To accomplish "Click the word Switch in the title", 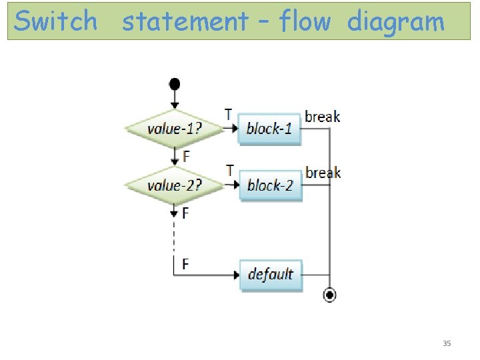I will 56,21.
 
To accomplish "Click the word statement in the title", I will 185,22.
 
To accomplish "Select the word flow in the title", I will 305,21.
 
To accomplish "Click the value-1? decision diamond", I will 174,129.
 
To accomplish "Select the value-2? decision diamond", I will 174,185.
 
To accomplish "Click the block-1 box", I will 270,129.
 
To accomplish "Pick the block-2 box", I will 270,185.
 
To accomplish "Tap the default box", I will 271,274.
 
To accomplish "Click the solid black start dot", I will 174,84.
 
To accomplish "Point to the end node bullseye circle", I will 329,295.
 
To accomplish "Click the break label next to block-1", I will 323,117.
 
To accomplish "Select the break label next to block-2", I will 323,173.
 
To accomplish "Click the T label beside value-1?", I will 229,115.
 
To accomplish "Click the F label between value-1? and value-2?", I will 185,157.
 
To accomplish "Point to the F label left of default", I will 185,265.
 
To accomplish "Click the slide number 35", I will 447,343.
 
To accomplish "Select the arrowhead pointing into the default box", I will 236,275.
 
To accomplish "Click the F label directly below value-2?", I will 185,213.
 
